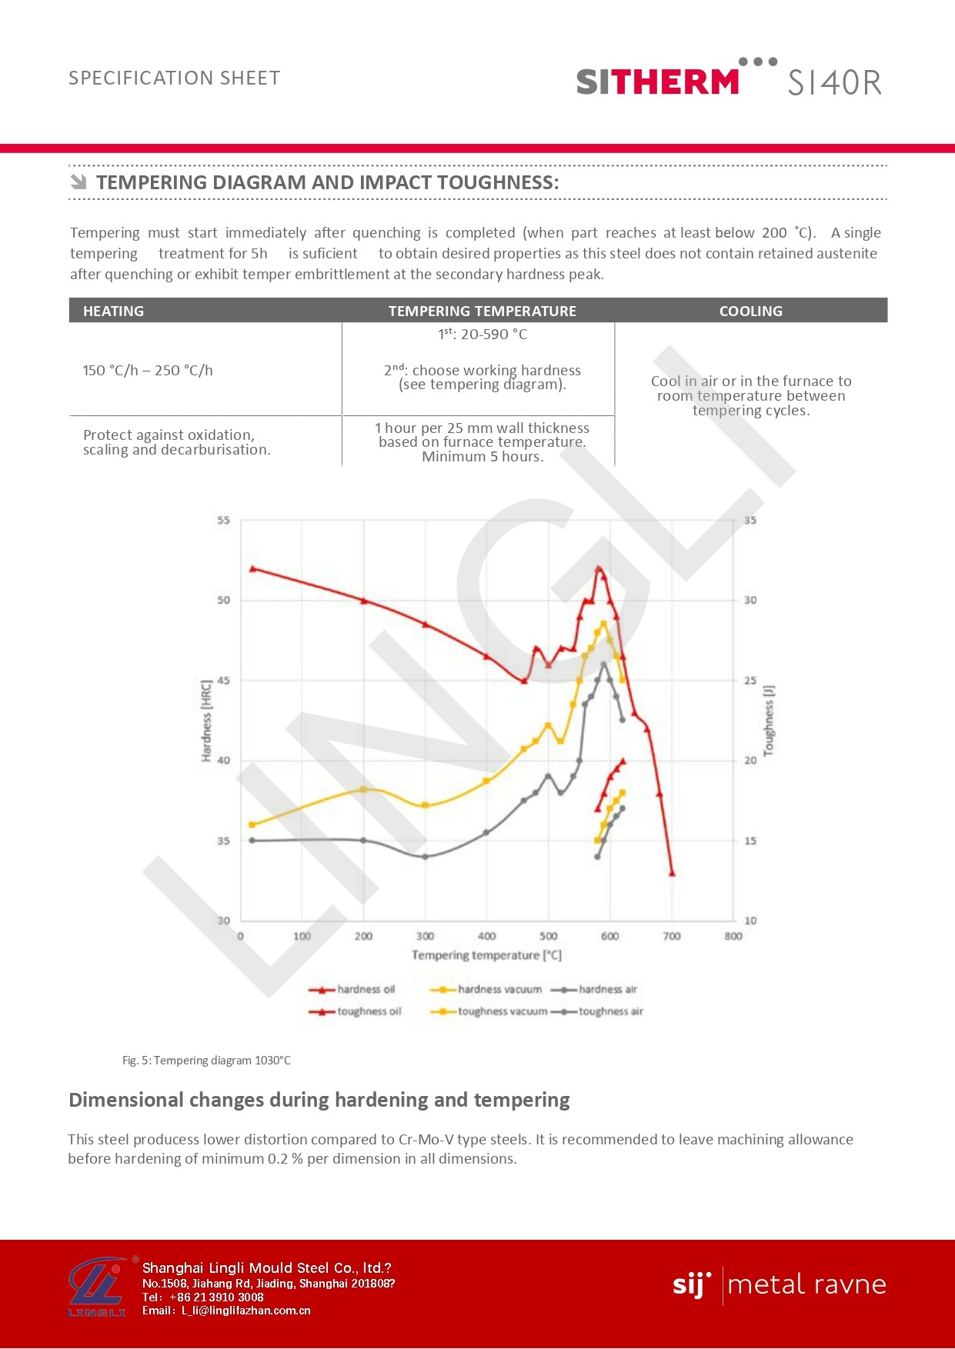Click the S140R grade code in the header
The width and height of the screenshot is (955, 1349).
pos(834,82)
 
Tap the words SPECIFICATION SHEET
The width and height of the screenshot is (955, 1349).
pos(175,78)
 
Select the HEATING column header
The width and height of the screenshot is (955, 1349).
pos(114,311)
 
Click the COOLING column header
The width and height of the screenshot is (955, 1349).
pos(750,311)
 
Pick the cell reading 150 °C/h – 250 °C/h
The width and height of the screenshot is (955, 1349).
pos(148,370)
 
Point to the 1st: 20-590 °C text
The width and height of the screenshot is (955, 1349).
pos(483,335)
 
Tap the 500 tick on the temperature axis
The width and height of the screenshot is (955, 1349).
pos(549,936)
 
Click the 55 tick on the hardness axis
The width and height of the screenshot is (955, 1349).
pos(223,521)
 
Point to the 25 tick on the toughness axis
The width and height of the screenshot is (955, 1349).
pos(750,681)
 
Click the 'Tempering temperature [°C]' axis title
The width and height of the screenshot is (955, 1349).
pos(486,955)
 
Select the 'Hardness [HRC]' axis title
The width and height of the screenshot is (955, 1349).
pos(206,721)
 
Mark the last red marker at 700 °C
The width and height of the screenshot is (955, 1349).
pos(672,873)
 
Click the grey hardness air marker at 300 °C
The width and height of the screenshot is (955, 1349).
pos(426,857)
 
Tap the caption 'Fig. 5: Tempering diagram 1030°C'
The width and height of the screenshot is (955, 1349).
pos(206,1061)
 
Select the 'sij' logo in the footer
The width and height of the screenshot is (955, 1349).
pos(691,1285)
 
